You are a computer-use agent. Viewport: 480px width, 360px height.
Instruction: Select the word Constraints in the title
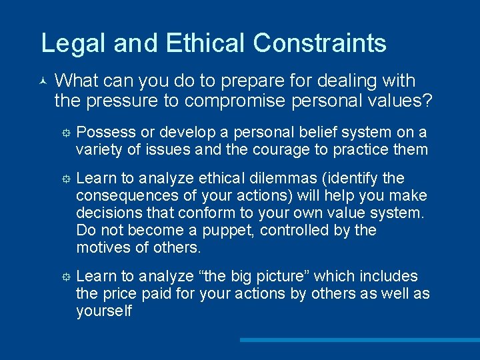(320, 43)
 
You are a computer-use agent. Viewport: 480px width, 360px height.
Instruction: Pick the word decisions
(104, 213)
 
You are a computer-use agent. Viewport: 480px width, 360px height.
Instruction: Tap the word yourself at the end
(104, 311)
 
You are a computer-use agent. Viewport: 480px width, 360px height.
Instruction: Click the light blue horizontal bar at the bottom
(359, 339)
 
